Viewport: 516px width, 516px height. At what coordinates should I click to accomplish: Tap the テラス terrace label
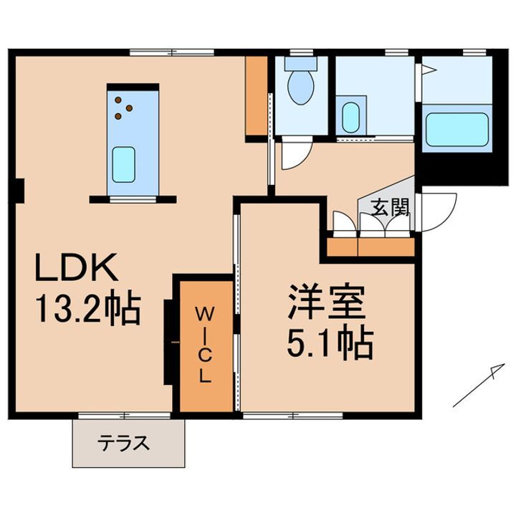click(123, 442)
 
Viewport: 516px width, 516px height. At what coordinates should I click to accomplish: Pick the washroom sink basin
click(350, 118)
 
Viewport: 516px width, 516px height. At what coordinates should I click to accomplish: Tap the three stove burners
click(123, 108)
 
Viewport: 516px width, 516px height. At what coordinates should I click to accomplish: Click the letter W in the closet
click(205, 313)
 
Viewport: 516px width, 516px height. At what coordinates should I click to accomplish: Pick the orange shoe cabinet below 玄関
click(371, 248)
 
